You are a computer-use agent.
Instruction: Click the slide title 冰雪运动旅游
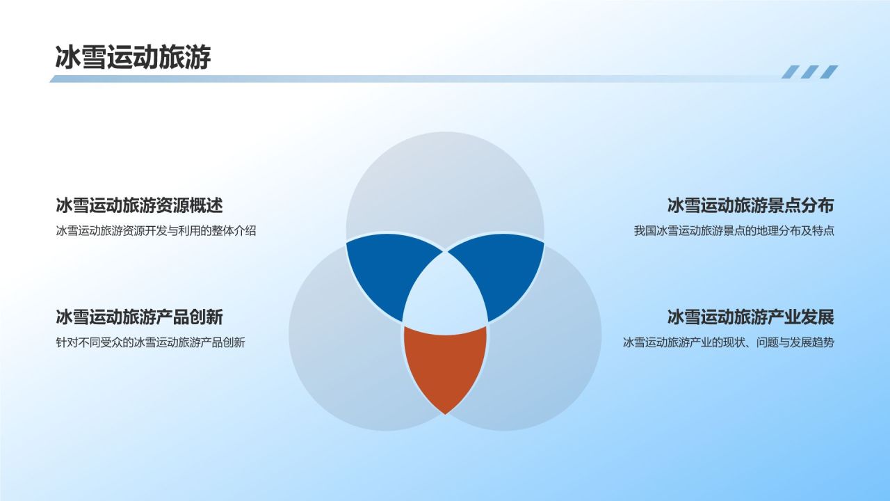click(133, 58)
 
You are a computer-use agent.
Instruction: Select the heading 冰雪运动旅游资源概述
click(139, 206)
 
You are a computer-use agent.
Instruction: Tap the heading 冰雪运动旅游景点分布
click(750, 206)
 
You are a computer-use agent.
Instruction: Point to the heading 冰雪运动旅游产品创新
click(139, 317)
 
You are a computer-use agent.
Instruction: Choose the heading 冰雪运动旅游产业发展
click(750, 317)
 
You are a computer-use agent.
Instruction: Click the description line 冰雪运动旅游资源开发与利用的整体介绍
click(156, 231)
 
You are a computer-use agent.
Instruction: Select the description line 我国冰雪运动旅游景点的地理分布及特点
click(734, 231)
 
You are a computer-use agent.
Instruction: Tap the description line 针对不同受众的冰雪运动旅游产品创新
click(150, 342)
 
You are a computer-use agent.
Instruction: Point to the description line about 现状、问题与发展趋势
click(728, 342)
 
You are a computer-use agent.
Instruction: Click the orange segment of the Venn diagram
click(445, 365)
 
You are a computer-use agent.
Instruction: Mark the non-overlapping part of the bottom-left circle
click(341, 369)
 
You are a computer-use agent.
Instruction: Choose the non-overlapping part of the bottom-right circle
click(549, 369)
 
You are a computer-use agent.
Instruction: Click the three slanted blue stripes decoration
click(809, 72)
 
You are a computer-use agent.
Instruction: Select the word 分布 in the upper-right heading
click(817, 206)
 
